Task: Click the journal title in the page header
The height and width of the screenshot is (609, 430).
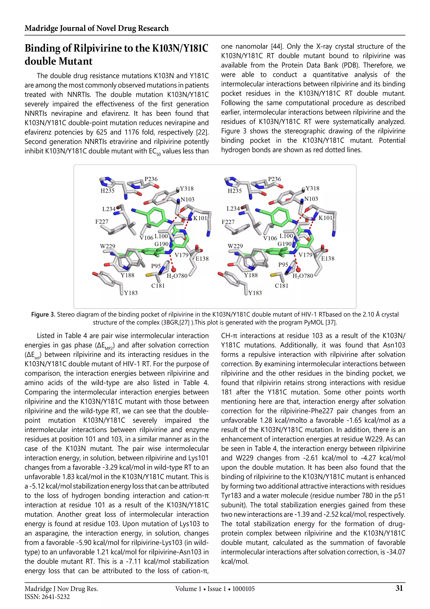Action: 96,28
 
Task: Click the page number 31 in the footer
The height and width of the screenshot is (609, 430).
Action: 399,588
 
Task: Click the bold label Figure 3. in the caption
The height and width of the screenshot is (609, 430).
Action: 43,315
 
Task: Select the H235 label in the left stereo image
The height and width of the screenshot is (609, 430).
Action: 107,191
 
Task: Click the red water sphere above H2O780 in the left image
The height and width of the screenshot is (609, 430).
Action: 174,270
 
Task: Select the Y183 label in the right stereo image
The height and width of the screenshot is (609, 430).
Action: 255,293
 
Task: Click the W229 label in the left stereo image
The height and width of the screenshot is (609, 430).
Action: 107,246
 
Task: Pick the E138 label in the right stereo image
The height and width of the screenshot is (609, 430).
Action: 328,259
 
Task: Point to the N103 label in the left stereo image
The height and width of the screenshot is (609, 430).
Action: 187,200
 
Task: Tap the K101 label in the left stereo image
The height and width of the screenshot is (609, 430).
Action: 200,218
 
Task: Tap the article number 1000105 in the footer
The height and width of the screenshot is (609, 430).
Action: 243,589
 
